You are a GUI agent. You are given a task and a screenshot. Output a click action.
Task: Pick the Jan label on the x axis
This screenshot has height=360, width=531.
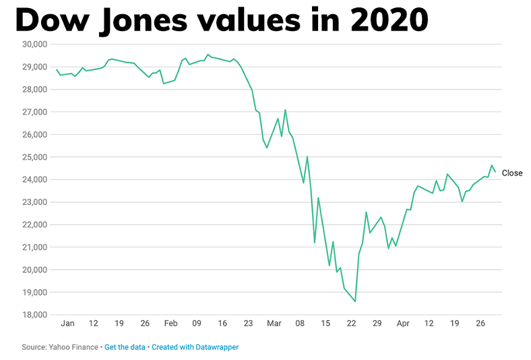pyautogui.click(x=67, y=324)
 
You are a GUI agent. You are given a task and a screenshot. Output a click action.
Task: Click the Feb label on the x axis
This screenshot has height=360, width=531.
pyautogui.click(x=171, y=324)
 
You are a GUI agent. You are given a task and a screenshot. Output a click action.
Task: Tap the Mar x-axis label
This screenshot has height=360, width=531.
pyautogui.click(x=274, y=324)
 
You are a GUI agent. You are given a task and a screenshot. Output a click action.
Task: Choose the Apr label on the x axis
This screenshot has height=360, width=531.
pyautogui.click(x=403, y=324)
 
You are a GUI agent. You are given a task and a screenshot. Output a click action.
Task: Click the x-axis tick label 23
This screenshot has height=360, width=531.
pyautogui.click(x=248, y=324)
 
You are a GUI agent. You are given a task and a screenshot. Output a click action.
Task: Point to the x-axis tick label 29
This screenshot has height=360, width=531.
pyautogui.click(x=377, y=324)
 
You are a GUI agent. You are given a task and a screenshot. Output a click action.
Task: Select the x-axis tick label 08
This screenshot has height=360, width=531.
pyautogui.click(x=300, y=324)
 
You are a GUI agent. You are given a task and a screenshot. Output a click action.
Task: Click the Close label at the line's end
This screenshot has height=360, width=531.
pyautogui.click(x=511, y=173)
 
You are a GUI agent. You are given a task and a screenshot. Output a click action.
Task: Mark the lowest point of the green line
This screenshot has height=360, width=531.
pyautogui.click(x=355, y=301)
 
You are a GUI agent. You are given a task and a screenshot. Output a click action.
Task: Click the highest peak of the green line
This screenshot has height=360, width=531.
pyautogui.click(x=208, y=55)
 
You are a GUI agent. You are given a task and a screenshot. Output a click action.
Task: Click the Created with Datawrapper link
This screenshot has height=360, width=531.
pyautogui.click(x=195, y=347)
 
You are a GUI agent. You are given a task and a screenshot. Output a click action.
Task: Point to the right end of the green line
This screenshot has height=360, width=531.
pyautogui.click(x=495, y=172)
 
